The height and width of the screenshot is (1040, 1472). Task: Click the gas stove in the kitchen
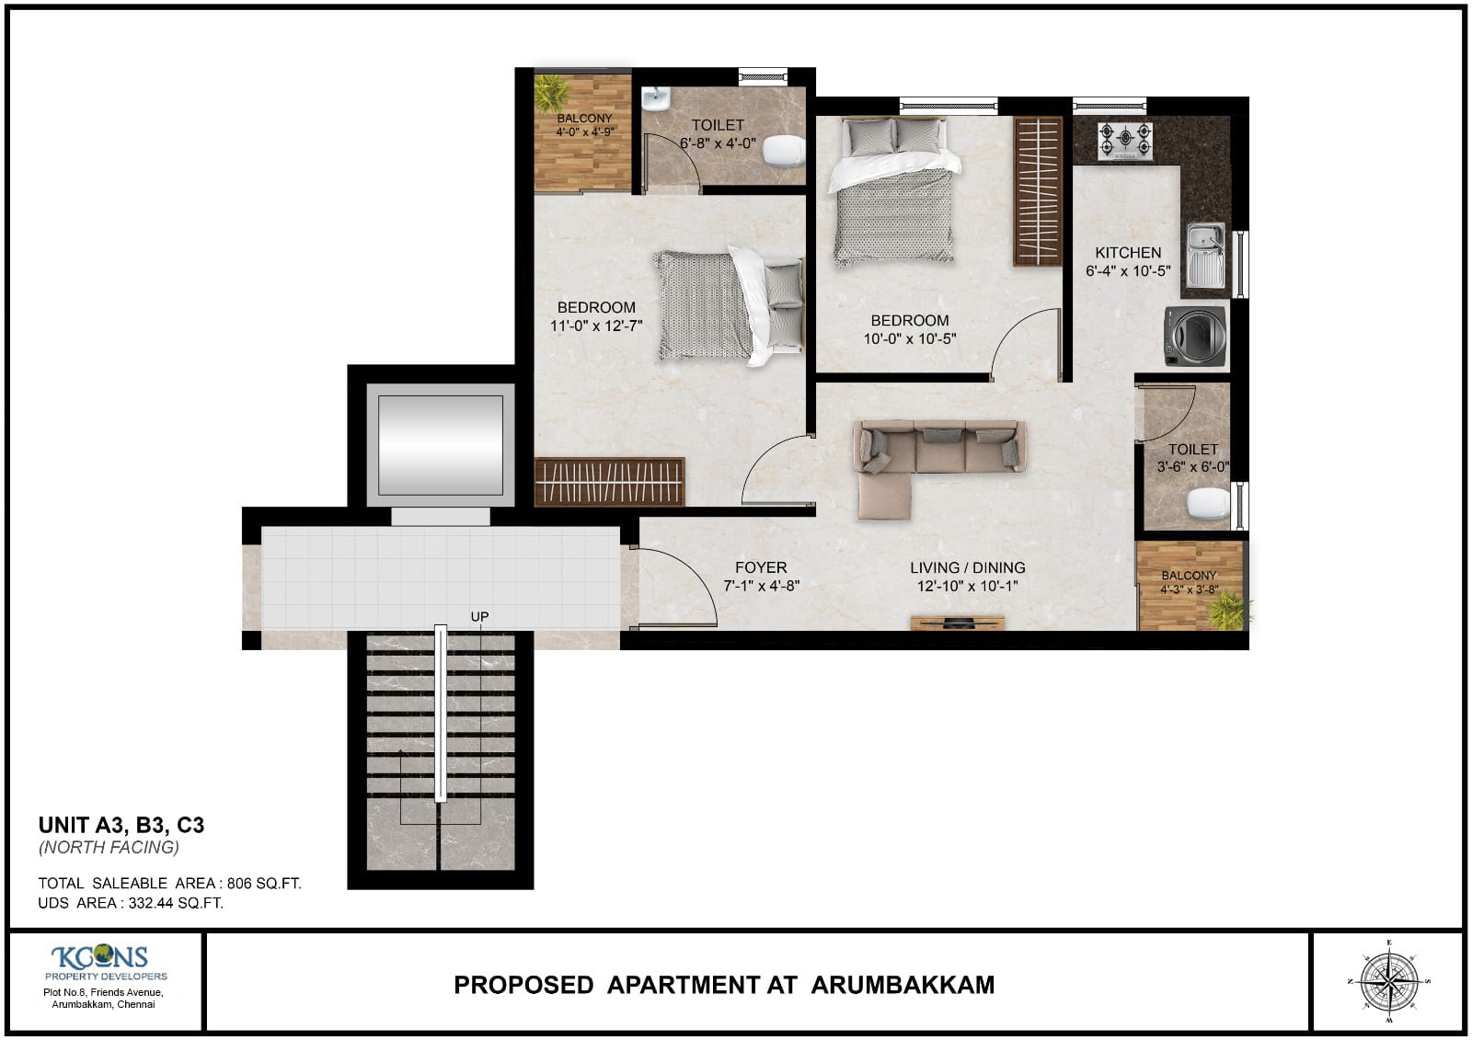tap(1124, 141)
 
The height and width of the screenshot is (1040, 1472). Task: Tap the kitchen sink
tap(1205, 254)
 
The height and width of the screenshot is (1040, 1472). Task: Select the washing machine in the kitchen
tap(1195, 336)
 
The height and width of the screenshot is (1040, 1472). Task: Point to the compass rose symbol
tap(1387, 981)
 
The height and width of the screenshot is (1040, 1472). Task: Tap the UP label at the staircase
tap(479, 616)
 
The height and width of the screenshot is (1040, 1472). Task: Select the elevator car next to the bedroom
tap(441, 445)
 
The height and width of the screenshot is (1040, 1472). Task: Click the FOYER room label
tap(761, 567)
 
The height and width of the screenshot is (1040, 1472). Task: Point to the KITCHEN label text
tap(1128, 252)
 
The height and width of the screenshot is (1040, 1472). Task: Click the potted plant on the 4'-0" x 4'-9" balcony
tap(552, 92)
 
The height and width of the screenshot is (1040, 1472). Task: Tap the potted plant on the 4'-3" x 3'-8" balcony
tap(1227, 610)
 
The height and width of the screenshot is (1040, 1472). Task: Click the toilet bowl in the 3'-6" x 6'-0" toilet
tap(1207, 503)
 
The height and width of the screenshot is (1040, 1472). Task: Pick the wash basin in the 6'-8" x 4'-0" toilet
tap(655, 97)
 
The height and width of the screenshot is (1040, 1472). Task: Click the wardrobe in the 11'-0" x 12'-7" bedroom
tap(609, 482)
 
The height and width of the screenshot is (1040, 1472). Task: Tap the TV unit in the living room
tap(957, 623)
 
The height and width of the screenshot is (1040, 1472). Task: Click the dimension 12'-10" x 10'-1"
tap(967, 587)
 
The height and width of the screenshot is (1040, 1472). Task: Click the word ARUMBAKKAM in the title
tap(903, 985)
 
